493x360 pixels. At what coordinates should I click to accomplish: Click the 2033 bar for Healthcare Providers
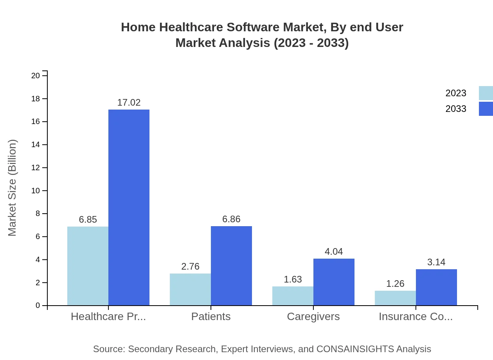(129, 207)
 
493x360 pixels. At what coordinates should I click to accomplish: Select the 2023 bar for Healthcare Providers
(88, 266)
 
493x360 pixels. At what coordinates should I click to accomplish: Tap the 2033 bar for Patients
(231, 266)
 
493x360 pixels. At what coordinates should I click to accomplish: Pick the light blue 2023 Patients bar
(190, 289)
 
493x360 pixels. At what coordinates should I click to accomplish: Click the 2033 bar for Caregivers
(334, 282)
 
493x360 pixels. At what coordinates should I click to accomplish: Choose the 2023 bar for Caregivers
(293, 296)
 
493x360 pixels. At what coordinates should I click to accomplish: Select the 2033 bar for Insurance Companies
(436, 287)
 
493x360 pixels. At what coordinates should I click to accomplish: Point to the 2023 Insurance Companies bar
(395, 298)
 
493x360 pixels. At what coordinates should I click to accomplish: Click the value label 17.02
(129, 103)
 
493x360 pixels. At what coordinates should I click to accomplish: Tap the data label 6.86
(231, 219)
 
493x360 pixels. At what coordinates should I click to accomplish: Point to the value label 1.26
(395, 284)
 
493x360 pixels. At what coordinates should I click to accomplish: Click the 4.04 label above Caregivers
(334, 252)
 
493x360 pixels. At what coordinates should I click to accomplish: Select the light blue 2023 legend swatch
(486, 93)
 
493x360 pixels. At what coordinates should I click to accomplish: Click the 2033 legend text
(456, 109)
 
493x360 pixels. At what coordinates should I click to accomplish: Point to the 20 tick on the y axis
(36, 76)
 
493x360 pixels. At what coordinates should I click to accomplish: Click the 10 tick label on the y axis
(36, 191)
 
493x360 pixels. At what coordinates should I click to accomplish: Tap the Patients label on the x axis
(211, 317)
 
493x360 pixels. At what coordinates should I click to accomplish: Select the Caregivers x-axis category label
(313, 317)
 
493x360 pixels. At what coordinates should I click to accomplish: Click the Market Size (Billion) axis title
(13, 188)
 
